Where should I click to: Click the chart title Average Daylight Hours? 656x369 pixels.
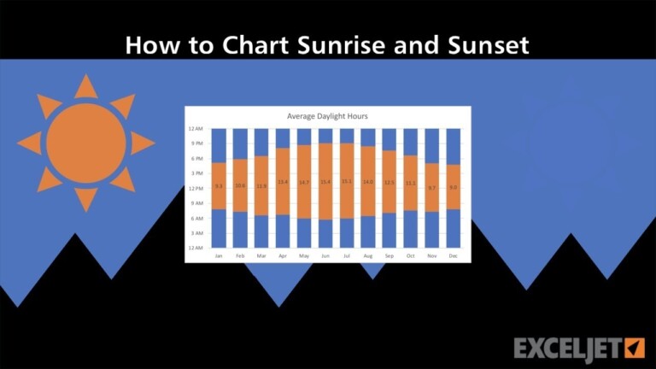click(x=328, y=115)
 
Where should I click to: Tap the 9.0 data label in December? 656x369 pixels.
click(x=454, y=186)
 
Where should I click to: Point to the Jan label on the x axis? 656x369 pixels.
click(x=220, y=255)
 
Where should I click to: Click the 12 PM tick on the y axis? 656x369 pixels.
click(x=196, y=188)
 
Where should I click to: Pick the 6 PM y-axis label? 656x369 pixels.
click(x=196, y=159)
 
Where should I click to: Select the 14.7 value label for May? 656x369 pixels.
click(x=304, y=182)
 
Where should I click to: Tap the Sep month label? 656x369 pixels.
click(x=389, y=255)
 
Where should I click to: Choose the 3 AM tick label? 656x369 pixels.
click(x=196, y=232)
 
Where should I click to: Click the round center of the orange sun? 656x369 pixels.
click(x=85, y=143)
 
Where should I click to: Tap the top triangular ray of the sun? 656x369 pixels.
click(x=85, y=85)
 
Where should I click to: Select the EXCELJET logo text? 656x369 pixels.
click(x=566, y=348)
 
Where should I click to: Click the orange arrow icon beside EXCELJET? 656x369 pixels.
click(x=634, y=348)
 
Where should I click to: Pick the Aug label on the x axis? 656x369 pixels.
click(x=368, y=255)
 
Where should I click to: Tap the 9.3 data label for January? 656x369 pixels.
click(x=220, y=185)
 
